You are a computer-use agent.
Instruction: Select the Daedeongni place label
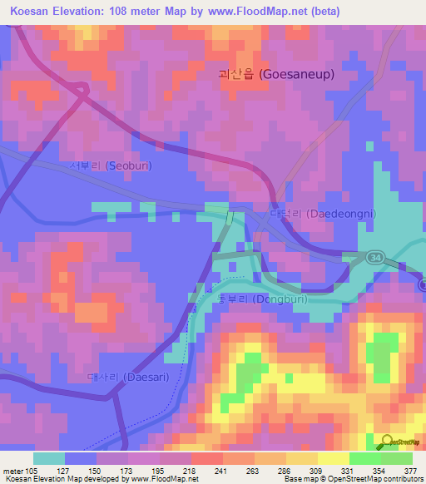click(324, 214)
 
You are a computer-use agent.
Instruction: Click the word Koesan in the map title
click(31, 11)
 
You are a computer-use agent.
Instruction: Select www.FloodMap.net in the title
click(253, 11)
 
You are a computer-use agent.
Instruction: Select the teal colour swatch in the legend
click(48, 458)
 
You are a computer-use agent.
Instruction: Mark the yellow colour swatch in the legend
click(333, 458)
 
